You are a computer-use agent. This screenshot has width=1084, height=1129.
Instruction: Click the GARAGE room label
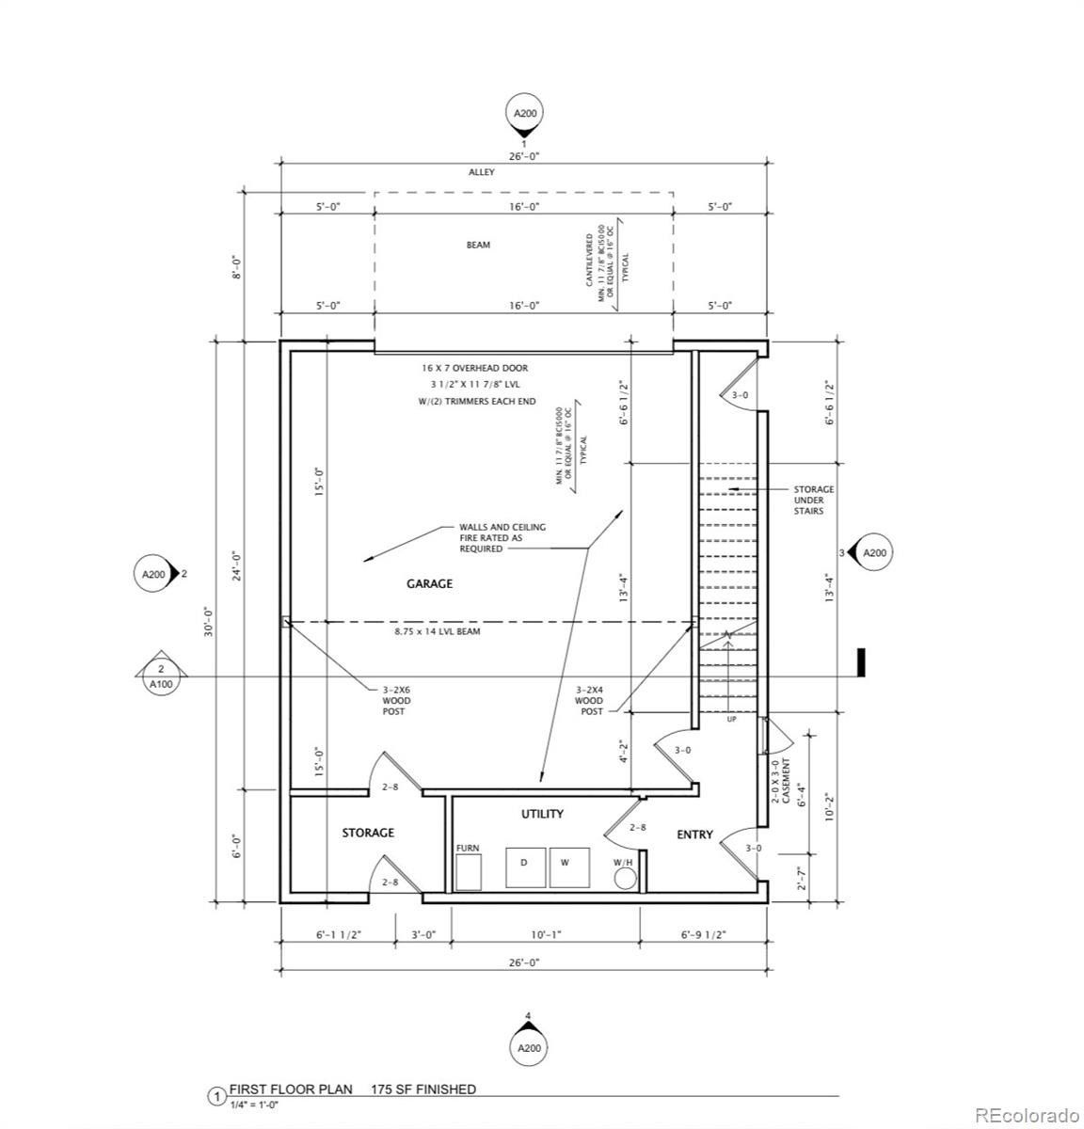[429, 583]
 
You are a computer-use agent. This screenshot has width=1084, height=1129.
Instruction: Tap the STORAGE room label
[368, 833]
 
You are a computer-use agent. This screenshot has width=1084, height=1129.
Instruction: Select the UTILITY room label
[542, 814]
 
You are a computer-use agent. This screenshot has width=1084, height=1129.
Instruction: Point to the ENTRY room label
[694, 835]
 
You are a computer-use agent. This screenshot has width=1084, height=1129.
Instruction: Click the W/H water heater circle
[624, 879]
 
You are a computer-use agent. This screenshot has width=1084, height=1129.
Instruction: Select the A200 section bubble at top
[525, 114]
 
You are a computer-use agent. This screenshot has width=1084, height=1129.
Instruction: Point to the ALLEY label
[482, 173]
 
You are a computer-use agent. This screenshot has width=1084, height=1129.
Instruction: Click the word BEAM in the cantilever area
[478, 245]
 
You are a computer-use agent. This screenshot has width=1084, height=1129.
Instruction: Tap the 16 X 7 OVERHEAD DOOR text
[474, 369]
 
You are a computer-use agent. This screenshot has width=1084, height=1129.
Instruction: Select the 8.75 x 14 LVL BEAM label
[437, 631]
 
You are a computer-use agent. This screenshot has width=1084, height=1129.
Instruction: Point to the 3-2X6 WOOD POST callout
[394, 700]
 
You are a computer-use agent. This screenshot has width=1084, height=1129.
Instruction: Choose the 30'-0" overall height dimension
[210, 621]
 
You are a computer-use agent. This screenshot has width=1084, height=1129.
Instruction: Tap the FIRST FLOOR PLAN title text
[292, 1089]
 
